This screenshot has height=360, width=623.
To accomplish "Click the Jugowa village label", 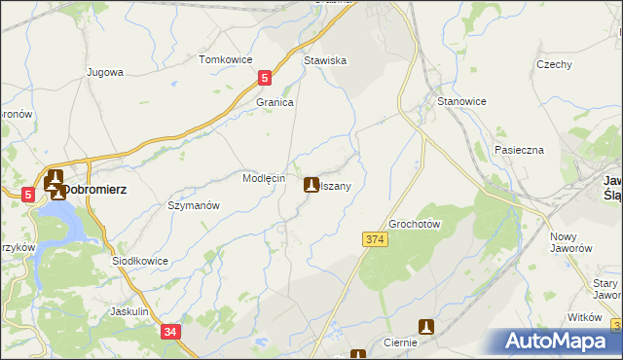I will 104,72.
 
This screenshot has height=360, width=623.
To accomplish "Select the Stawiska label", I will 325,60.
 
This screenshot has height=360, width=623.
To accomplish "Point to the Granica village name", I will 275,102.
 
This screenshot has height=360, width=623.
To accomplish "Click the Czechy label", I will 553,64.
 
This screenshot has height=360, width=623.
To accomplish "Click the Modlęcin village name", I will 263,179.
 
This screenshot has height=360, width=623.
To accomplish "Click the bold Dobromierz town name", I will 105,189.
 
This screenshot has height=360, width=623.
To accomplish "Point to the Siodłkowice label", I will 140,261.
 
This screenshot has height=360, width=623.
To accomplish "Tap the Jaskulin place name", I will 128,311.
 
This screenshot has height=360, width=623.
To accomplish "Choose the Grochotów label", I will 416,224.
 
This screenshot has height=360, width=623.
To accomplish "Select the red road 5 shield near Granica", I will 265,78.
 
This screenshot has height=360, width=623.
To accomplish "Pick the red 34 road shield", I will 170,332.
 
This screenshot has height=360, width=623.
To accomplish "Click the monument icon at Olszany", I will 311,184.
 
